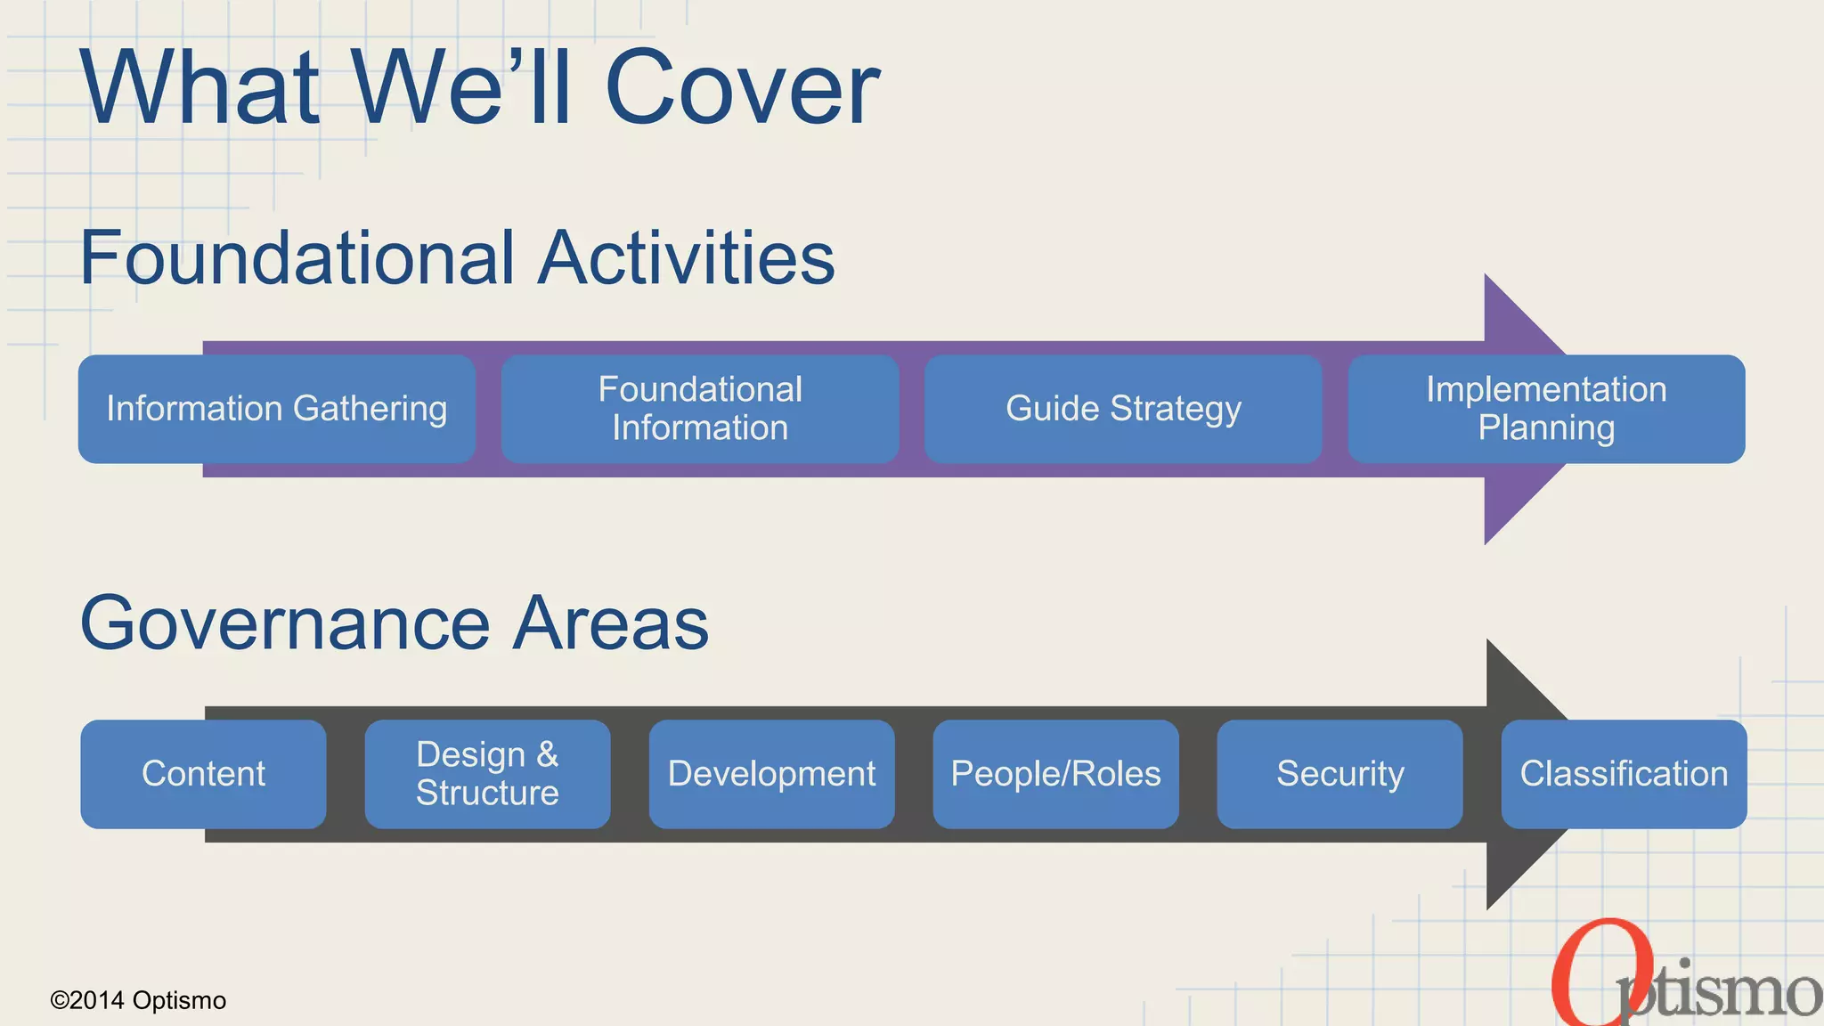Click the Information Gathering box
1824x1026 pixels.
[x=276, y=409]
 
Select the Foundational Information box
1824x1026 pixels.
[x=700, y=409]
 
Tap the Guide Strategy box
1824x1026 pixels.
[x=1123, y=409]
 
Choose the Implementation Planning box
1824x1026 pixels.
[x=1546, y=409]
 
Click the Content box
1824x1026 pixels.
[x=203, y=774]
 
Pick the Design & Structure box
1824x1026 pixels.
[x=487, y=774]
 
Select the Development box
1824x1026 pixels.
[x=771, y=774]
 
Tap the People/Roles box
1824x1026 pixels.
[x=1055, y=774]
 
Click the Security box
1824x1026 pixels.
[x=1339, y=774]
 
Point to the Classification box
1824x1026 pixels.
[x=1624, y=774]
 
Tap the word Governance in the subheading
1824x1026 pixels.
[x=285, y=623]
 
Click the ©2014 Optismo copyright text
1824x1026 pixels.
[x=138, y=1000]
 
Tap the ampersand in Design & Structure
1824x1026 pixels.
[x=547, y=754]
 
